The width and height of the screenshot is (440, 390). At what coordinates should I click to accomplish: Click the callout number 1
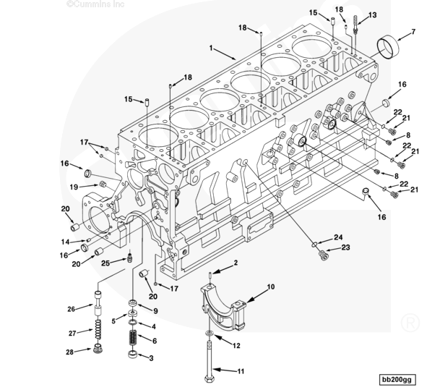click(212, 48)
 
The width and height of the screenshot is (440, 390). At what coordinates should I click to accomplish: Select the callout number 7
click(413, 32)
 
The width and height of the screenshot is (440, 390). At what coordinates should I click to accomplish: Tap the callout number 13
click(373, 15)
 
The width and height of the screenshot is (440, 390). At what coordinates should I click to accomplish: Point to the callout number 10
click(271, 287)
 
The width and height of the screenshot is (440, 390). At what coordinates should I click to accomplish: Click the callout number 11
click(242, 371)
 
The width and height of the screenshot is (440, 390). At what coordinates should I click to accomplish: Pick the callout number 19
click(74, 187)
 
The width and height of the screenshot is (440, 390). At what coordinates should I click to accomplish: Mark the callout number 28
click(71, 352)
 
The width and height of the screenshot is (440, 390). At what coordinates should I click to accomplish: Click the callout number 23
click(345, 248)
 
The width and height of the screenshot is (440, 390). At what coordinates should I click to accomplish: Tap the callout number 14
click(64, 241)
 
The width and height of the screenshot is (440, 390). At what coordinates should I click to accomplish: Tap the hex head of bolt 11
click(210, 378)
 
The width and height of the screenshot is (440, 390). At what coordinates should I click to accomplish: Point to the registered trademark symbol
click(412, 318)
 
